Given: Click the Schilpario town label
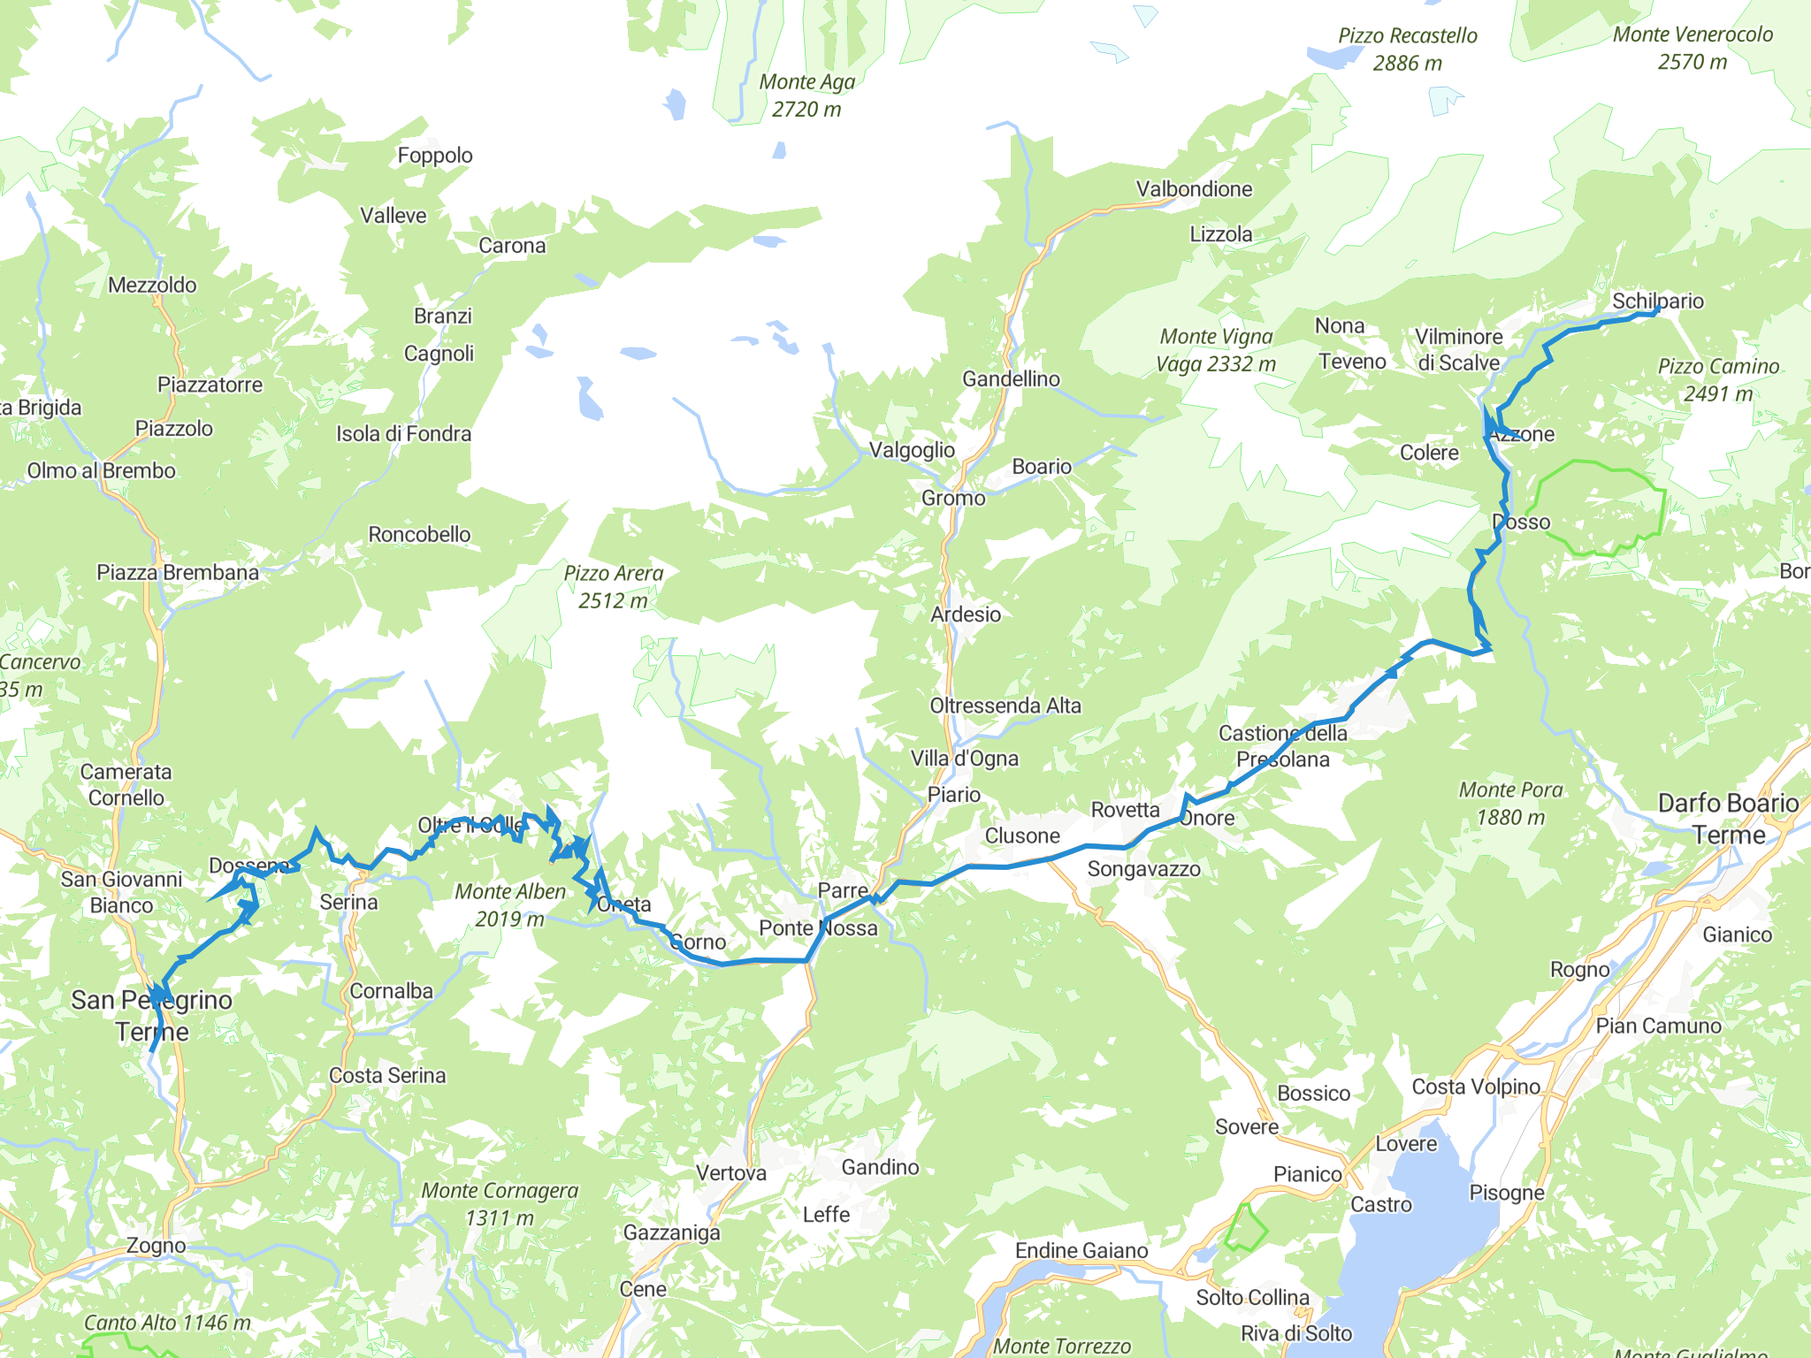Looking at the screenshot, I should pos(1657,301).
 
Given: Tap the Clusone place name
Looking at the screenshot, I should pos(1022,835).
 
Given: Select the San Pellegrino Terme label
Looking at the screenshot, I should pos(151,1016).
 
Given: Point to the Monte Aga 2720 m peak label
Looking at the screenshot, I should pos(806,95).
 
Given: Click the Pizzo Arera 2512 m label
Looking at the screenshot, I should pos(614,587).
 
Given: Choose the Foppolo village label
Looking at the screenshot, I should pos(435,156).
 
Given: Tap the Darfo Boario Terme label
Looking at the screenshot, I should pos(1728,818).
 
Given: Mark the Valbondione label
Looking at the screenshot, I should pos(1194,189).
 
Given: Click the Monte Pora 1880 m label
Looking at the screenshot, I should pos(1510,803).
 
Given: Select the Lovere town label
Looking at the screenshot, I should pos(1406,1144).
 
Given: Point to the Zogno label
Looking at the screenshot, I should pos(156,1246).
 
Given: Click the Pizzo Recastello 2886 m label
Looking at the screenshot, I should pos(1407,50).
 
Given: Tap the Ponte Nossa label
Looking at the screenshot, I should pos(818,928).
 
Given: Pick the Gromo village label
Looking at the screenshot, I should pos(953,499).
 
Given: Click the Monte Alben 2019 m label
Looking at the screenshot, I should pos(510,905).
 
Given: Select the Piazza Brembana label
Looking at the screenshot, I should pos(178,573).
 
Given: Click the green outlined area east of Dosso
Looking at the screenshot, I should pos(1601,508).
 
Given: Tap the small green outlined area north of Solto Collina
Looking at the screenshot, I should pos(1245,1229).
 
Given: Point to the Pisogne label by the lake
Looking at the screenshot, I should pos(1506,1193).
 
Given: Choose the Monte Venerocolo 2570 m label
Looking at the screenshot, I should pos(1693,48).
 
